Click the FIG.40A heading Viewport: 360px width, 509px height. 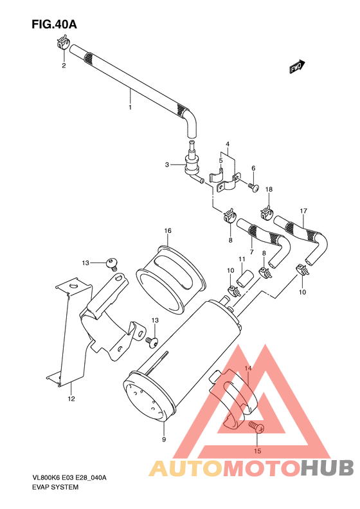(54, 25)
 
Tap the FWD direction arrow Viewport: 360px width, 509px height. (296, 66)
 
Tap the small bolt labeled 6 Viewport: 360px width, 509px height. (253, 188)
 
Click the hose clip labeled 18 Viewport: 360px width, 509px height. (266, 212)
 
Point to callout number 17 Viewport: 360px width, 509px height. (303, 211)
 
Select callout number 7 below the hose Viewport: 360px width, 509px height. (251, 252)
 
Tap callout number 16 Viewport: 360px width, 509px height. (167, 231)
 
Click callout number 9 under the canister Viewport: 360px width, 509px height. (164, 439)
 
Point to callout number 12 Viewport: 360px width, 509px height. (71, 398)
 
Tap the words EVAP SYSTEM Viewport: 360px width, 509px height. (55, 487)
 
